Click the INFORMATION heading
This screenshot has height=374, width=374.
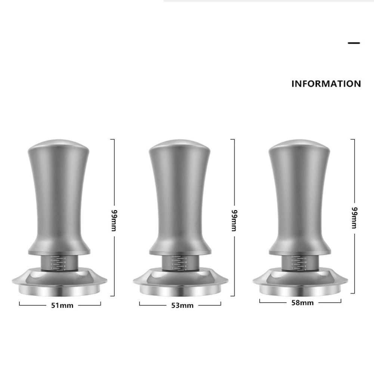point(326,84)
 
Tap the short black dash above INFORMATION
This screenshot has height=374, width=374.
point(353,43)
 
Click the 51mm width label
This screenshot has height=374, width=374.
point(62,306)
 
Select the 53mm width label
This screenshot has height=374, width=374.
point(182,306)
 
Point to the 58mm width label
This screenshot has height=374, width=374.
point(302,303)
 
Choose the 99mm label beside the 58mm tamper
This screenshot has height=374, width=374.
point(353,217)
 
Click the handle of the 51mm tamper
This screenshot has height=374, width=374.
point(59,198)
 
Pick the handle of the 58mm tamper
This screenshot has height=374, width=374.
point(300,198)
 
